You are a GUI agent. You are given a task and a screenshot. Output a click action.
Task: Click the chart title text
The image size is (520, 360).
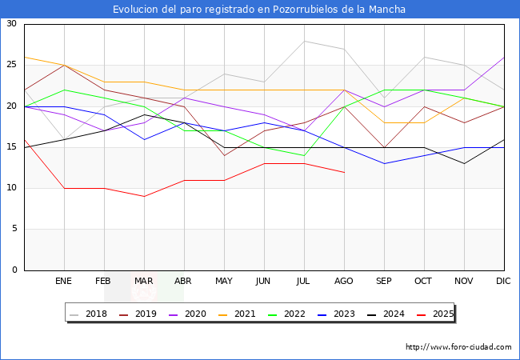[x=259, y=10]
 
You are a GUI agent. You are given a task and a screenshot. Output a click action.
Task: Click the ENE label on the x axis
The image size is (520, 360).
[x=63, y=282]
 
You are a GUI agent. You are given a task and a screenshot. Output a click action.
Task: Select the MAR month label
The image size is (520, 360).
[x=144, y=282]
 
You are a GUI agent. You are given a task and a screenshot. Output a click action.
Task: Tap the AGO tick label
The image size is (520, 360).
[x=344, y=282]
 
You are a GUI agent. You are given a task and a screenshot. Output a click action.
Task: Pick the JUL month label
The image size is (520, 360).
[x=304, y=282]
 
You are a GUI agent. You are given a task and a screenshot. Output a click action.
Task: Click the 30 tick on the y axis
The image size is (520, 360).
[x=11, y=24]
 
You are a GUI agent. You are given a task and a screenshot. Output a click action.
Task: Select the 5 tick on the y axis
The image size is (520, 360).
[x=14, y=229]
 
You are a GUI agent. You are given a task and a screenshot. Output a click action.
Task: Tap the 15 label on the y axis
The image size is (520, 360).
[x=11, y=147]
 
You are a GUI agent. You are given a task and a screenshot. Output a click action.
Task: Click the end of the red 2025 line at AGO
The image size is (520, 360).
[x=344, y=172]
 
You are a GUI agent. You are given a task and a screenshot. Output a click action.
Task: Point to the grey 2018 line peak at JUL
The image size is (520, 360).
[x=304, y=41]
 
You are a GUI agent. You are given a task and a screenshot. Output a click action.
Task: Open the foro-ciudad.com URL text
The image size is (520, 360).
[x=458, y=347]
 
